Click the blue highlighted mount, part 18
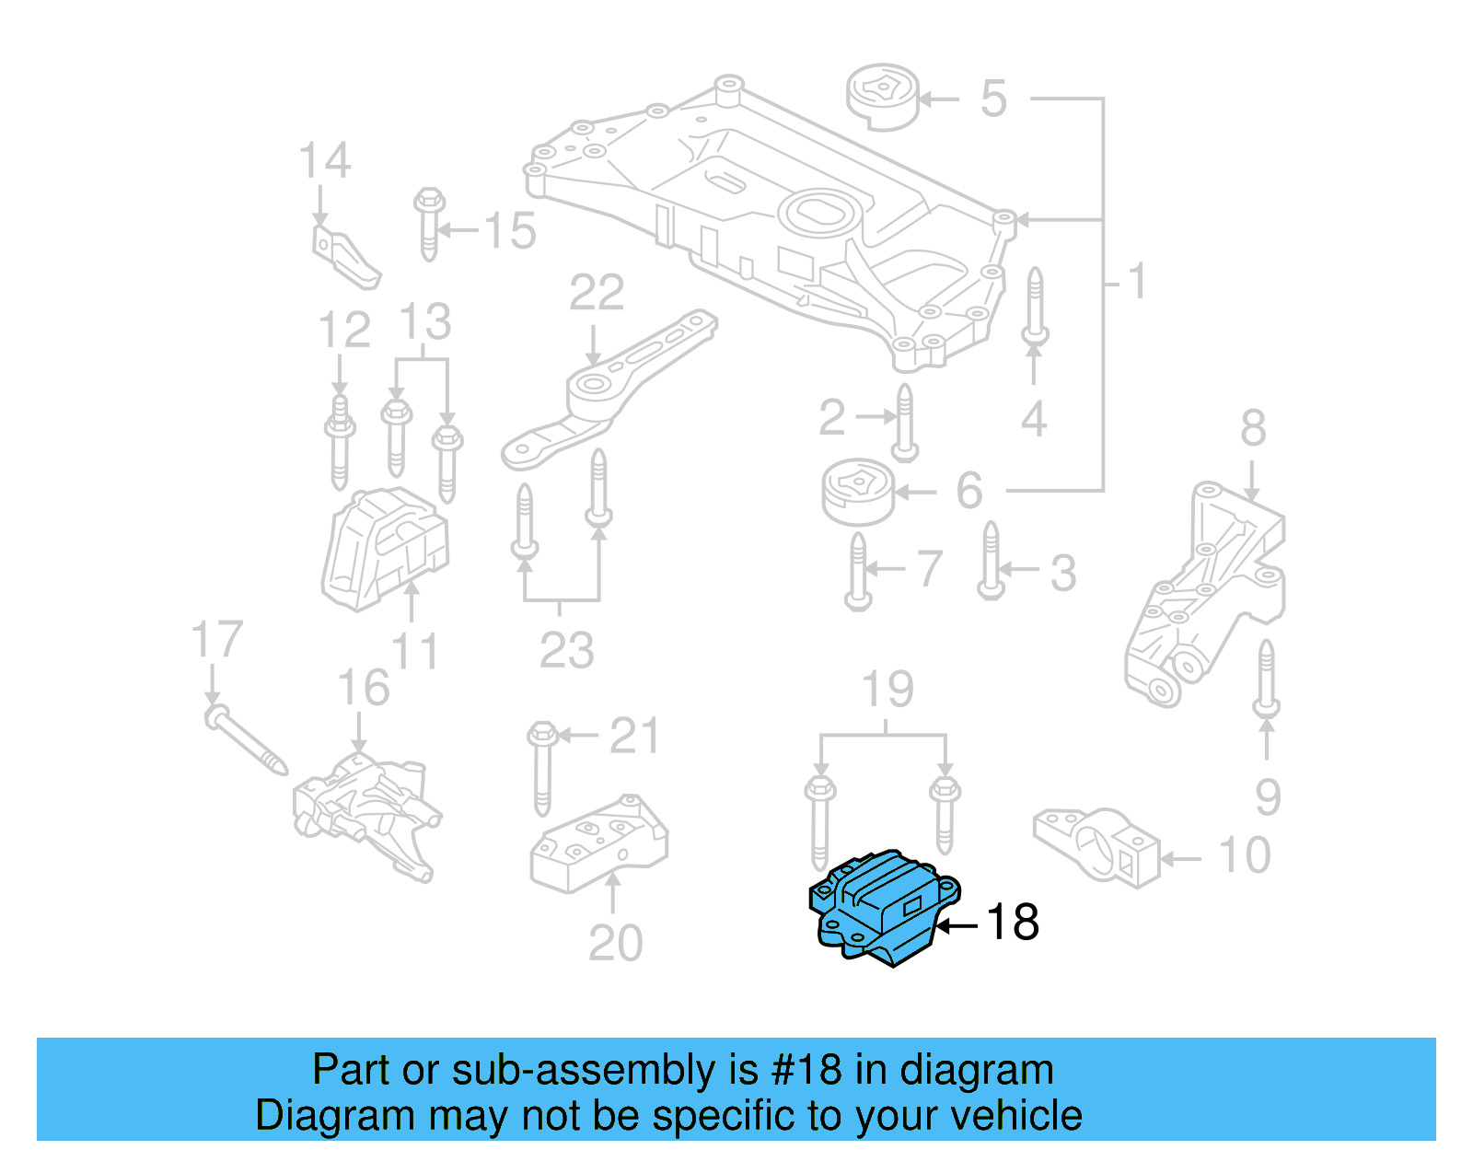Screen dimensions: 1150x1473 coord(884,908)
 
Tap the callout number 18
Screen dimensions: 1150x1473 coord(1013,922)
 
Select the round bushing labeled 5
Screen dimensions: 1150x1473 coord(883,96)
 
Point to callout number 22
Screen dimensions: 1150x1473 coord(597,294)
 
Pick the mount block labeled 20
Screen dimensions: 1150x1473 coord(598,842)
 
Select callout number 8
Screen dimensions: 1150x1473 coord(1253,428)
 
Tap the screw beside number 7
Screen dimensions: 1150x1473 coord(858,571)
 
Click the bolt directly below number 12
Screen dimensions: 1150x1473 coord(340,442)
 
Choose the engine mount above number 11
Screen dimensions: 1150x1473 coord(385,548)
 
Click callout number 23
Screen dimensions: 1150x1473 coord(566,650)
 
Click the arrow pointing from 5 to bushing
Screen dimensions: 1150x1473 coord(938,99)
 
